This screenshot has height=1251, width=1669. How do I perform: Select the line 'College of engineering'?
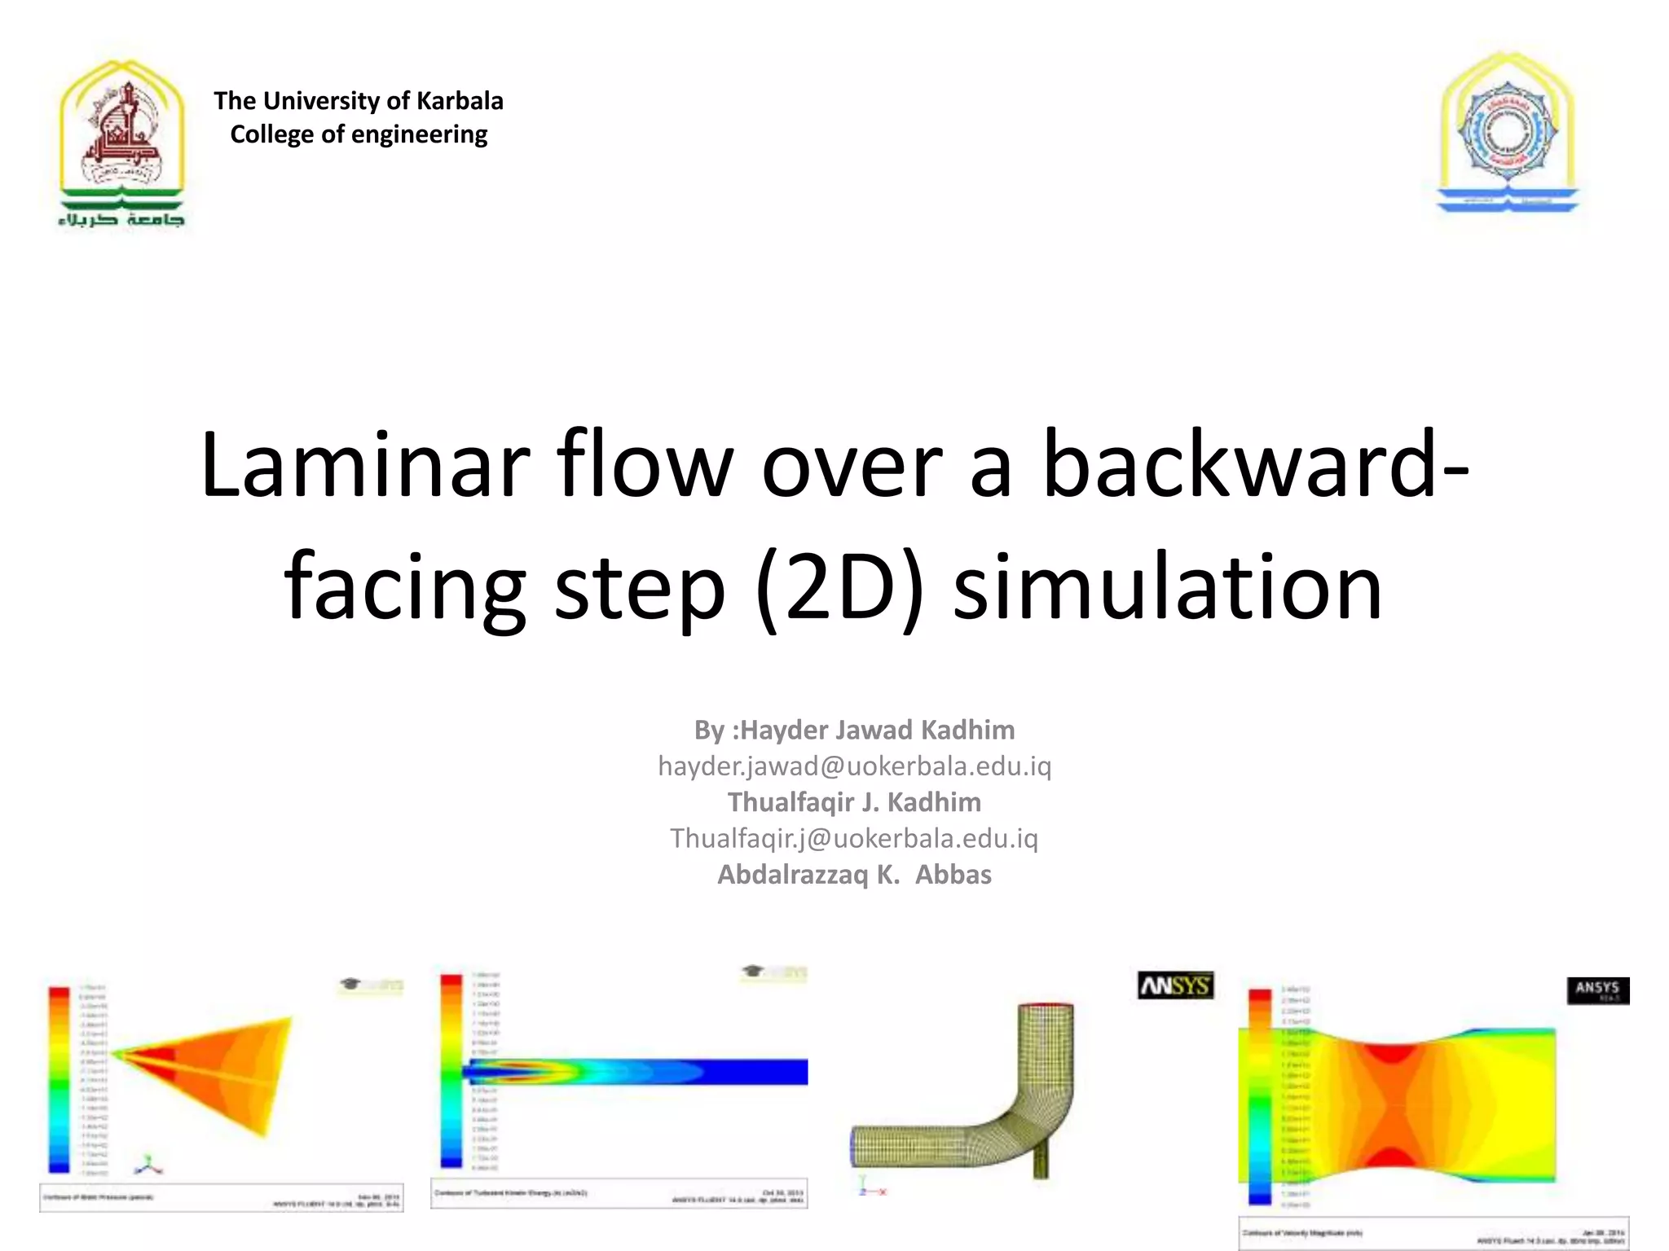359,134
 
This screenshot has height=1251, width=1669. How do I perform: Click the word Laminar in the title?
364,466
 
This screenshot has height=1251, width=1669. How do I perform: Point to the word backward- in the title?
1256,466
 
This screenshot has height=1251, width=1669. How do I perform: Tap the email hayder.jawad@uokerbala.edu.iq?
854,766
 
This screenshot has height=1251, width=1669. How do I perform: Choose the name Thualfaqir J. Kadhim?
854,802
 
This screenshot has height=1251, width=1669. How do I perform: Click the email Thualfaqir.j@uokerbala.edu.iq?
854,838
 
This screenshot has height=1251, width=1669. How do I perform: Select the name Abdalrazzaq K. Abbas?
854,875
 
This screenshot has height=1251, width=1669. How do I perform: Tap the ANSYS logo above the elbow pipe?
1175,985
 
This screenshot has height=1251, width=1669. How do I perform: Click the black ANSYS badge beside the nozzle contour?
1597,990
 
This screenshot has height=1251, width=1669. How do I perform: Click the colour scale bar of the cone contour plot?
59,1079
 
